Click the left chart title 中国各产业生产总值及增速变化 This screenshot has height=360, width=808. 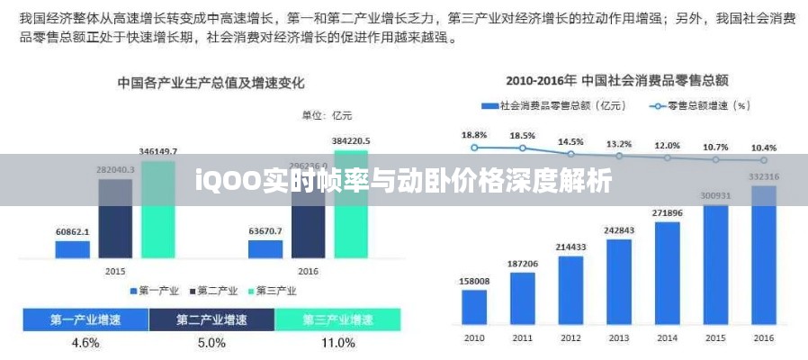pyautogui.click(x=211, y=83)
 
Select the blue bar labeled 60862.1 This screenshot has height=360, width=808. pyautogui.click(x=73, y=249)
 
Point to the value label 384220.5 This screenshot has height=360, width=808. pyautogui.click(x=351, y=141)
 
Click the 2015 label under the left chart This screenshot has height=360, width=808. pyautogui.click(x=115, y=270)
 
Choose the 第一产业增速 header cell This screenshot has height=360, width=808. pyautogui.click(x=85, y=319)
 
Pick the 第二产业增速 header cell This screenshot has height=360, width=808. pyautogui.click(x=211, y=319)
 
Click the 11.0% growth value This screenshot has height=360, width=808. pyautogui.click(x=337, y=343)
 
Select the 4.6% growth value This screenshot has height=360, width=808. pyautogui.click(x=85, y=343)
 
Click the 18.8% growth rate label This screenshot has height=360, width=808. pyautogui.click(x=474, y=135)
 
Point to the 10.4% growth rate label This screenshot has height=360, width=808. pyautogui.click(x=764, y=147)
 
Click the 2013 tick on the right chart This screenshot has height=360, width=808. pyautogui.click(x=619, y=337)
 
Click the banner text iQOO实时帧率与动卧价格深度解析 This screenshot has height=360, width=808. pyautogui.click(x=404, y=182)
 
